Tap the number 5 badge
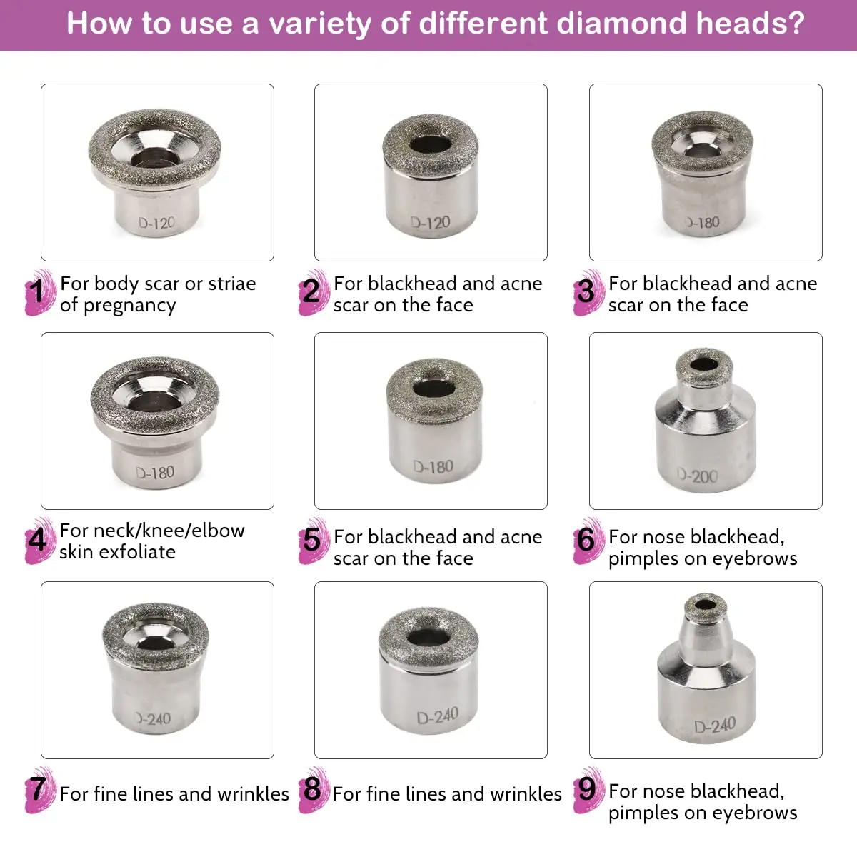click(312, 540)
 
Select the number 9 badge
click(586, 789)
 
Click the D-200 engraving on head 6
click(698, 476)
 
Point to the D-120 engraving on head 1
click(156, 223)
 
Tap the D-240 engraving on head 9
click(715, 726)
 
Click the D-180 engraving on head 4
click(155, 473)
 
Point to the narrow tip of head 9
click(705, 608)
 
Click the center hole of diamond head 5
click(434, 389)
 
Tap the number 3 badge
click(586, 291)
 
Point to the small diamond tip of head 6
click(704, 364)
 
